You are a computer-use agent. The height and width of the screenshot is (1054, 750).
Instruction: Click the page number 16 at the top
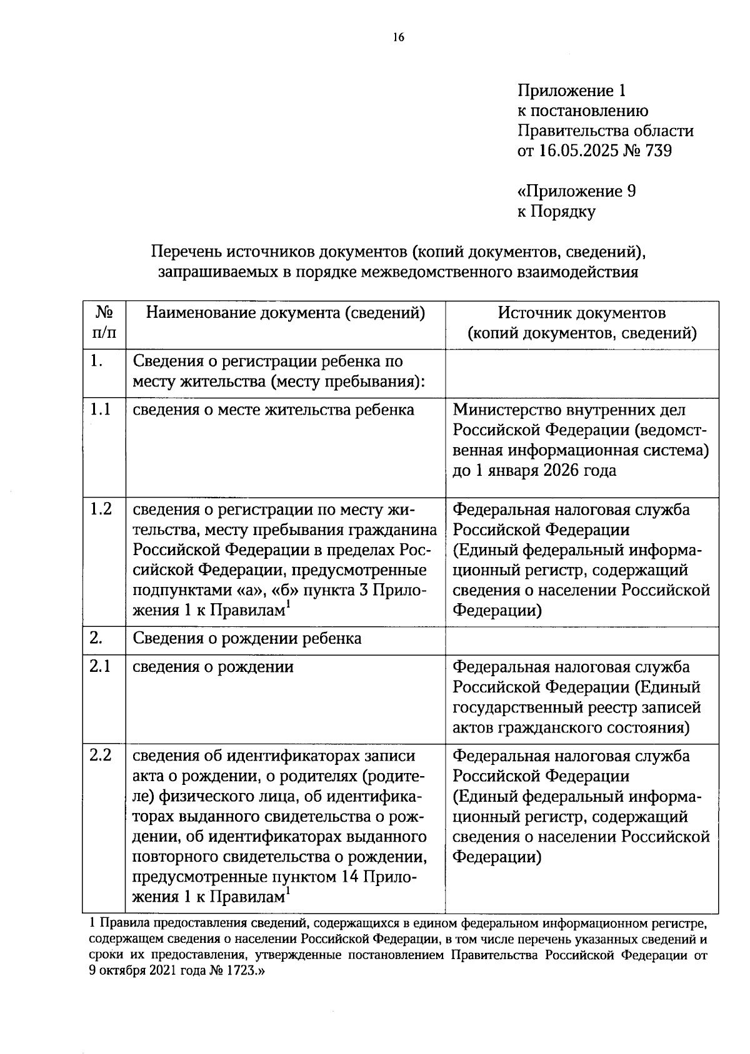tap(399, 37)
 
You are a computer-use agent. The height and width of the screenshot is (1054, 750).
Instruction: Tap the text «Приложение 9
tap(576, 191)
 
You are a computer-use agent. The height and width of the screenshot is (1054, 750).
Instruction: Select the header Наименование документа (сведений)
tap(285, 313)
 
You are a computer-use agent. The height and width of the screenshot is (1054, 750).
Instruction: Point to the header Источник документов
tap(581, 313)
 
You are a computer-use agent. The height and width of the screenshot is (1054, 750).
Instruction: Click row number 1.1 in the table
tap(100, 410)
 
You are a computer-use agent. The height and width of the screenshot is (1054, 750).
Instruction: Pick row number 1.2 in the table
tap(101, 509)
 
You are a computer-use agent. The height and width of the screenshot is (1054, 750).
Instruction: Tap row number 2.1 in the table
tap(100, 666)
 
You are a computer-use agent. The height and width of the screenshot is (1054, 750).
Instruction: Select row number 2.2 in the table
tap(101, 755)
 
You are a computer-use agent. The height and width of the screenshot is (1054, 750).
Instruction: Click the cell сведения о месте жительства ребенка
tap(273, 410)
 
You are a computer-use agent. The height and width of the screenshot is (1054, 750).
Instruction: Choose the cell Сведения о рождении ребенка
tap(247, 638)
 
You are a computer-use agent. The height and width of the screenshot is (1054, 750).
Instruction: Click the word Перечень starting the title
tap(186, 252)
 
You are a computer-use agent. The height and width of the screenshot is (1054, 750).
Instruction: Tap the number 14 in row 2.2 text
tap(350, 877)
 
